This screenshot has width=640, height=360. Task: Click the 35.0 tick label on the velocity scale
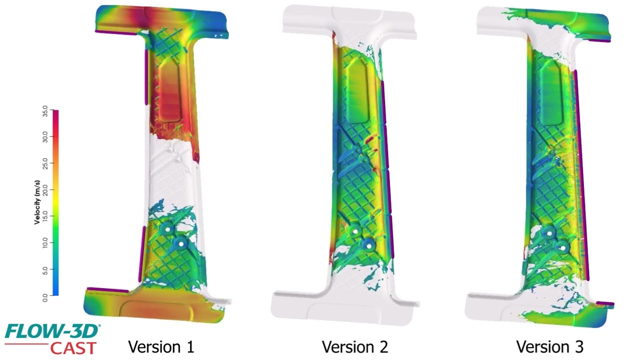click(x=45, y=111)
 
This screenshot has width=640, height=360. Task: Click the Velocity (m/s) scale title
click(x=37, y=202)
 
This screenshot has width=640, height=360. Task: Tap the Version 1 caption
click(x=161, y=347)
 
